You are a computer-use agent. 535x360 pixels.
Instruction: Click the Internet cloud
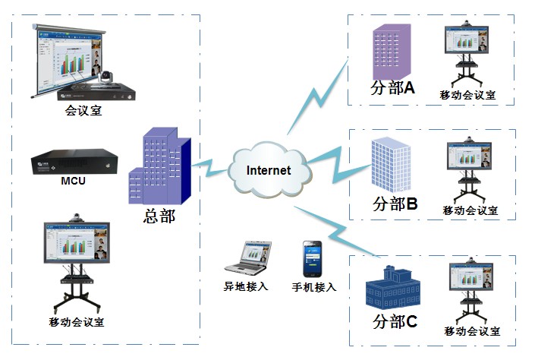pyautogui.click(x=269, y=170)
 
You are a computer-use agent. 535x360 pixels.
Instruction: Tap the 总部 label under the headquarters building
pyautogui.click(x=159, y=216)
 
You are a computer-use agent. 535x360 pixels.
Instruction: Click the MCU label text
pyautogui.click(x=73, y=182)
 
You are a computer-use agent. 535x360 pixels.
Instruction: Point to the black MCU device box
pyautogui.click(x=73, y=162)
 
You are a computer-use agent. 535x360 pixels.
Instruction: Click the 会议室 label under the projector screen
pyautogui.click(x=83, y=112)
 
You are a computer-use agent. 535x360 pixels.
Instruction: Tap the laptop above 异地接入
pyautogui.click(x=247, y=259)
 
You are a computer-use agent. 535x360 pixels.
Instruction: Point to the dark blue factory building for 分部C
pyautogui.click(x=392, y=287)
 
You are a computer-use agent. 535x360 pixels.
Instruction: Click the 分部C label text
pyautogui.click(x=395, y=322)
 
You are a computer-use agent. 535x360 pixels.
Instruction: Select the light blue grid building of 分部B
pyautogui.click(x=391, y=165)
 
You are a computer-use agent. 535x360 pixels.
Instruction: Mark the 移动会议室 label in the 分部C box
pyautogui.click(x=472, y=331)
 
